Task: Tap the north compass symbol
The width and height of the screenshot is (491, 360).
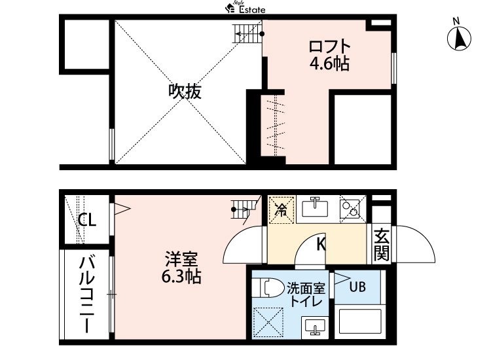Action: coord(459,38)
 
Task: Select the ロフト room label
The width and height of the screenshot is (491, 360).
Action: coord(330,46)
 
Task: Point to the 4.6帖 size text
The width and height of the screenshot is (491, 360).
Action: coord(330,63)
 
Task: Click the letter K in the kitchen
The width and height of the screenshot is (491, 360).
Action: coord(321,245)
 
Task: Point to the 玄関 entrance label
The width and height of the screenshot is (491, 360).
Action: coord(381,244)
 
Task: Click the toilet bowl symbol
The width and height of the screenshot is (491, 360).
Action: coord(269,287)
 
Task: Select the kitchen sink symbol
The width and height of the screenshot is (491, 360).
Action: coord(315,209)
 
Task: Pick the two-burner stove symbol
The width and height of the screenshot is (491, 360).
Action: coord(349,208)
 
